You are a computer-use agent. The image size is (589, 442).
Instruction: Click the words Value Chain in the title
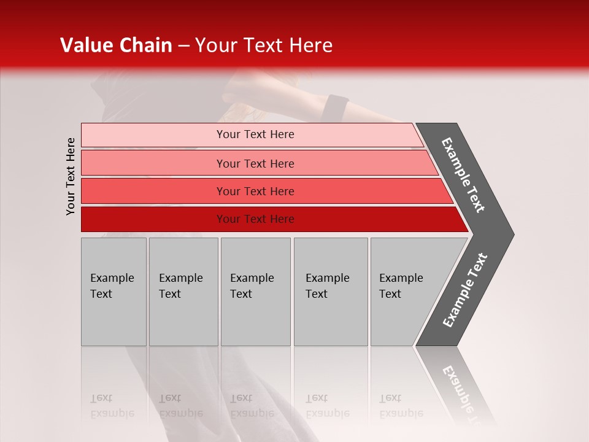116,45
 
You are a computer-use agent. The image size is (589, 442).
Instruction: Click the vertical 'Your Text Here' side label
71,176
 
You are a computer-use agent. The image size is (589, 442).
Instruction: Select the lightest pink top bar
153,135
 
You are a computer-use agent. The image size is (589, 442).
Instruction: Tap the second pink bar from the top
153,163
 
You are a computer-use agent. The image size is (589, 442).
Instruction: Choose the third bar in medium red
153,191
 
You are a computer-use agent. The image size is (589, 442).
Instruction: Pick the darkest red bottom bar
153,219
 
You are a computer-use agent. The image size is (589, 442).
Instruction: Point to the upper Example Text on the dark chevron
464,175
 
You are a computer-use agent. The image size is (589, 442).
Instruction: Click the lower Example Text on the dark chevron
465,290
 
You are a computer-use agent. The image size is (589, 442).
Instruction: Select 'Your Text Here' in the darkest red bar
255,219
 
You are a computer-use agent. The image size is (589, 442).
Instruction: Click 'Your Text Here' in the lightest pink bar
255,134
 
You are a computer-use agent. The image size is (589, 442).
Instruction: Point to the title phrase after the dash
264,45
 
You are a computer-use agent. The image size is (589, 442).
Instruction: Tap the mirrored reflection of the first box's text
112,406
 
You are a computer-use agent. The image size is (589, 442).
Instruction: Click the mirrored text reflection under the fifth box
401,406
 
